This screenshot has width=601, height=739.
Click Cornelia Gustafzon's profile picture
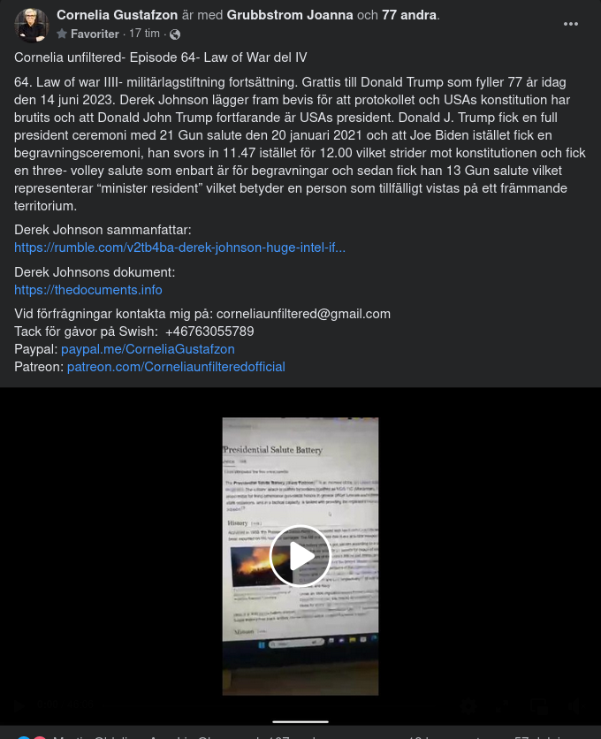tap(32, 25)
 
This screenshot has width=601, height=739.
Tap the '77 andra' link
tap(409, 15)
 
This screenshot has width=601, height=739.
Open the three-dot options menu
tap(571, 24)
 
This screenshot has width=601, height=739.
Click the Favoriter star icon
tap(62, 34)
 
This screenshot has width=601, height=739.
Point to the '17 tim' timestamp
tap(144, 34)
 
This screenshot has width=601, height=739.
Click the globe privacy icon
tap(175, 34)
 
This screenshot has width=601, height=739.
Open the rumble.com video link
tap(179, 248)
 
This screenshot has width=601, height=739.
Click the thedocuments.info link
tap(88, 290)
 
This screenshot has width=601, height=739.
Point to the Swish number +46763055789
tap(209, 331)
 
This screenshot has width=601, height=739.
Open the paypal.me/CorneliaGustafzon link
tap(148, 349)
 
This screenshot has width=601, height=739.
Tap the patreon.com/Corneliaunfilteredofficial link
tap(176, 367)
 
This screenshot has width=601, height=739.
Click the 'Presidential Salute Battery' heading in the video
tap(273, 450)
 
